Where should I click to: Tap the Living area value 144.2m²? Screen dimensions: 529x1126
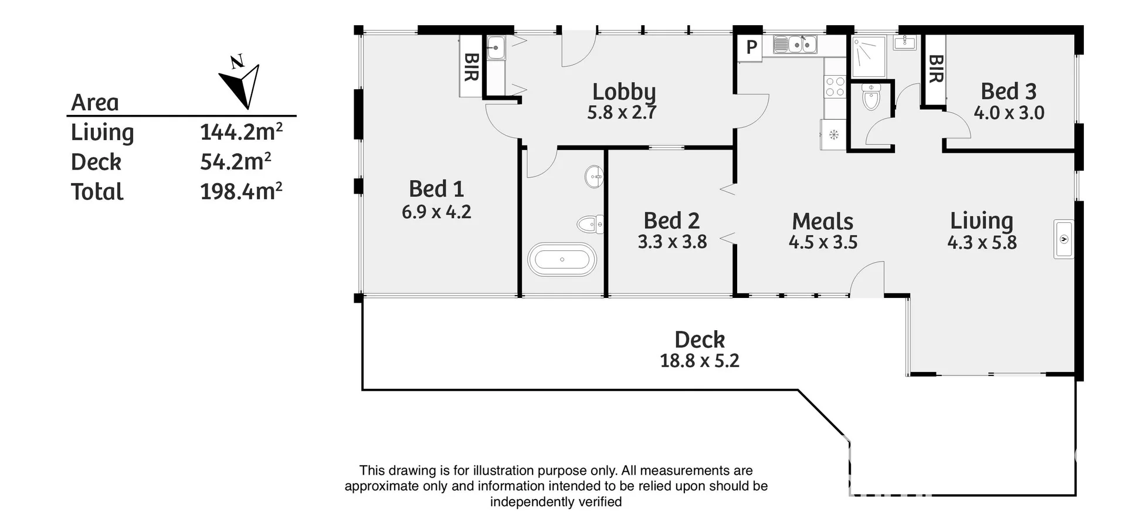point(241,132)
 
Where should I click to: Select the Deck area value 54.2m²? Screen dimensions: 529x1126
point(235,162)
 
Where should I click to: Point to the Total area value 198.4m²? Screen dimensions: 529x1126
point(241,192)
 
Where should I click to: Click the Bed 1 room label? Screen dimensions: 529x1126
point(436,189)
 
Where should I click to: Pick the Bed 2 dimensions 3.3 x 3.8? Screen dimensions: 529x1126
point(672,242)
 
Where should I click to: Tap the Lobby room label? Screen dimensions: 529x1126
point(623,91)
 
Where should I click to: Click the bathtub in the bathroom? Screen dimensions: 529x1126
point(562,259)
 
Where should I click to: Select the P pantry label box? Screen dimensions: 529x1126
point(751,47)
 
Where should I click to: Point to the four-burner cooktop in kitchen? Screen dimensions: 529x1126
point(835,87)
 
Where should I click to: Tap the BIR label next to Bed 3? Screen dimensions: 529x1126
point(936,69)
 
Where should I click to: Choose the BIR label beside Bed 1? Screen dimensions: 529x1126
point(471,66)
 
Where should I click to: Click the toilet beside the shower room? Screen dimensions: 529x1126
point(871,97)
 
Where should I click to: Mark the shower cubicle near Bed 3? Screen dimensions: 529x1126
point(868,57)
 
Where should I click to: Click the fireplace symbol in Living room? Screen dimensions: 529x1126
point(1063,239)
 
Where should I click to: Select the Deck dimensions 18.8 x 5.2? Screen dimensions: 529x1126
point(699,360)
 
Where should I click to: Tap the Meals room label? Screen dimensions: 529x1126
point(822,222)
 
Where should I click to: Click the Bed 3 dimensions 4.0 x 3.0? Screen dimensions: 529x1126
point(1009,113)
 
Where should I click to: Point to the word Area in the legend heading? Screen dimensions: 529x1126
point(95,103)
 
